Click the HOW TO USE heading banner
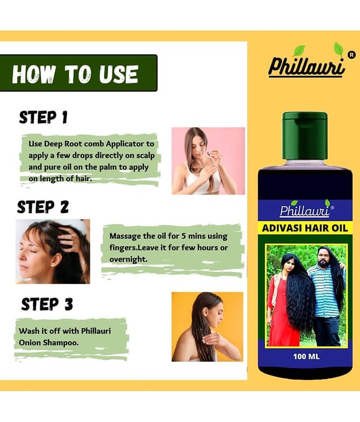(x=78, y=73)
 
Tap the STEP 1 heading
(x=43, y=117)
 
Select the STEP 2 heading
(x=43, y=207)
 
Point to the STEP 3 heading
(x=47, y=304)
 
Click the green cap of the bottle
(x=305, y=136)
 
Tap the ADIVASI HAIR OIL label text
(x=305, y=228)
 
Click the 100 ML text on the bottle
(x=306, y=357)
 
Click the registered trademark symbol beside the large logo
(x=351, y=55)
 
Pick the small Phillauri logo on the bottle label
(x=306, y=209)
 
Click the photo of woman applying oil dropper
(x=208, y=161)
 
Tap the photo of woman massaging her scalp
(x=53, y=252)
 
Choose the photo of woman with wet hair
(x=207, y=327)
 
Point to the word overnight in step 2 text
(x=128, y=259)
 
